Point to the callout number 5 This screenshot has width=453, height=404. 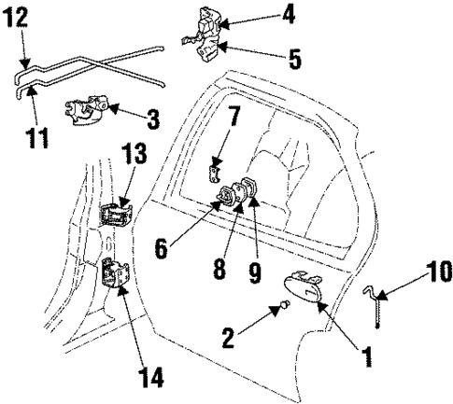point(294,61)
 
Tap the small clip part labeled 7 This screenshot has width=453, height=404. point(214,174)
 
